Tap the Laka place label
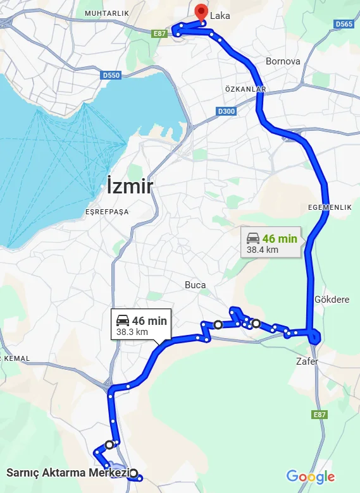(x=220, y=16)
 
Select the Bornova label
(x=282, y=62)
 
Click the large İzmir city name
(x=130, y=186)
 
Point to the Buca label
(x=195, y=285)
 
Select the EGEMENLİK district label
(x=329, y=208)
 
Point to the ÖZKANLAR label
(x=245, y=89)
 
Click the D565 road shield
(x=344, y=24)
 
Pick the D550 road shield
(x=110, y=75)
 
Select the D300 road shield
(x=225, y=111)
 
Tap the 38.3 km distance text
(x=132, y=332)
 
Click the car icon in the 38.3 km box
(x=123, y=320)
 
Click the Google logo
(x=310, y=477)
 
